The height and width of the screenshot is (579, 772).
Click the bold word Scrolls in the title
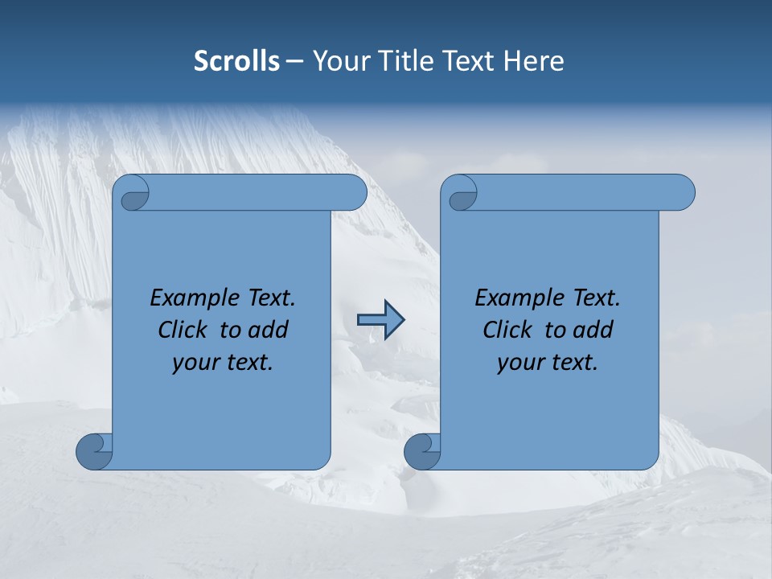point(237,61)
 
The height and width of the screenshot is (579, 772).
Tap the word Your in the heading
point(341,61)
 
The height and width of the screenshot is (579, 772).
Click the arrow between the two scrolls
point(380,320)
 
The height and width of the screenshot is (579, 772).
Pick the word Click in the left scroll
point(184,330)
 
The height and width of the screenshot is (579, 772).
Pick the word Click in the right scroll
point(508,330)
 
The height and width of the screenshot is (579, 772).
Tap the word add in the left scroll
point(269,330)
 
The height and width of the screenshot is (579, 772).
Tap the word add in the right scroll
point(593,330)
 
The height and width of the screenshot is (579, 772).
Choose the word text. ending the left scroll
point(246,363)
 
